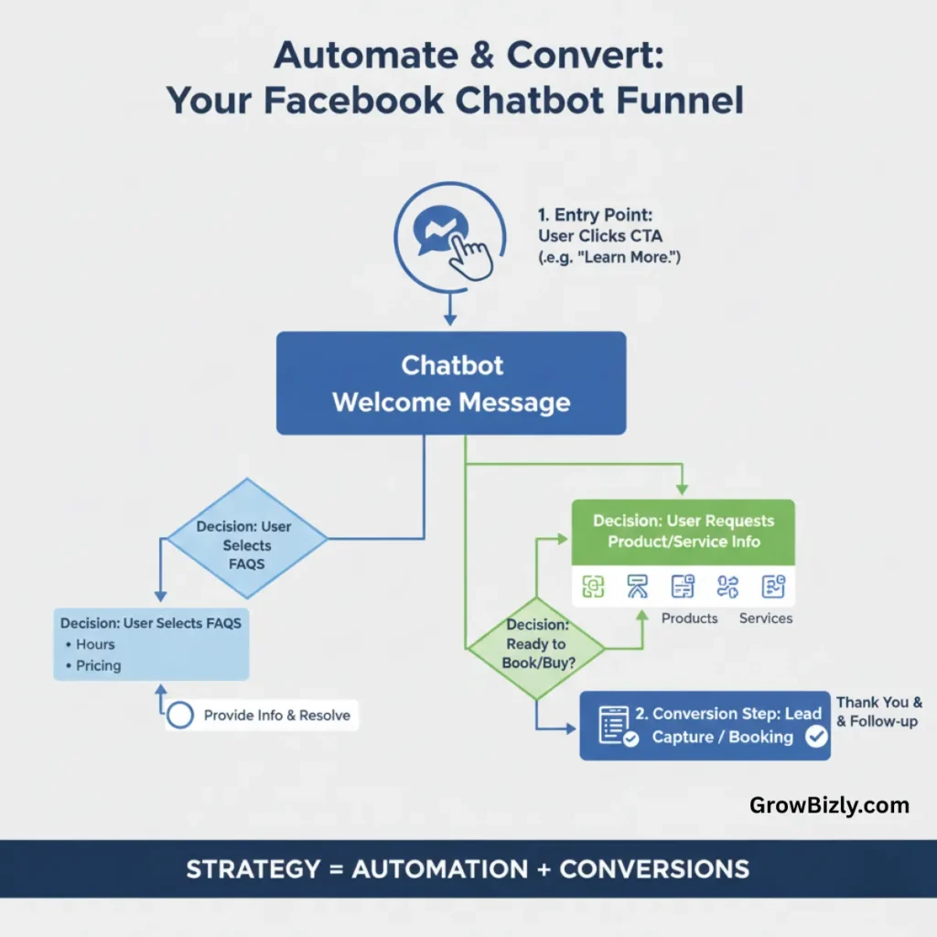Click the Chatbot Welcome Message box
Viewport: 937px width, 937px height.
point(451,383)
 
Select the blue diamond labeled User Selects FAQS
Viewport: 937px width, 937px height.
point(246,544)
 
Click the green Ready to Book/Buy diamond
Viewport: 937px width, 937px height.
point(535,643)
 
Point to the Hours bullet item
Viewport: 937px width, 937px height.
point(95,644)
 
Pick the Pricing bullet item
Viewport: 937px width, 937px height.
point(98,665)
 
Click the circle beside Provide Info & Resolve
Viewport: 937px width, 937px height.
point(180,715)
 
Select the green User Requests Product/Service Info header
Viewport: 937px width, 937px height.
point(683,532)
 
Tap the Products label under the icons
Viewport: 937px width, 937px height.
point(689,619)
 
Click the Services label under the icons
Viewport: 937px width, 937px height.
point(765,619)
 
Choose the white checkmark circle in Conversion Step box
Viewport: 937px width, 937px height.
point(815,737)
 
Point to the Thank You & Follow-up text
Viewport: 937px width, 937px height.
point(878,712)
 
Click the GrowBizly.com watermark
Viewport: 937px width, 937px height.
point(829,805)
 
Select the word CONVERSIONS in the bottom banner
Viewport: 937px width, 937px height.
point(653,868)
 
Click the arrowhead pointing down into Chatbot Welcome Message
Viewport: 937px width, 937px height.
point(449,319)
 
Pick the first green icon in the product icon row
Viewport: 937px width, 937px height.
point(593,587)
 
